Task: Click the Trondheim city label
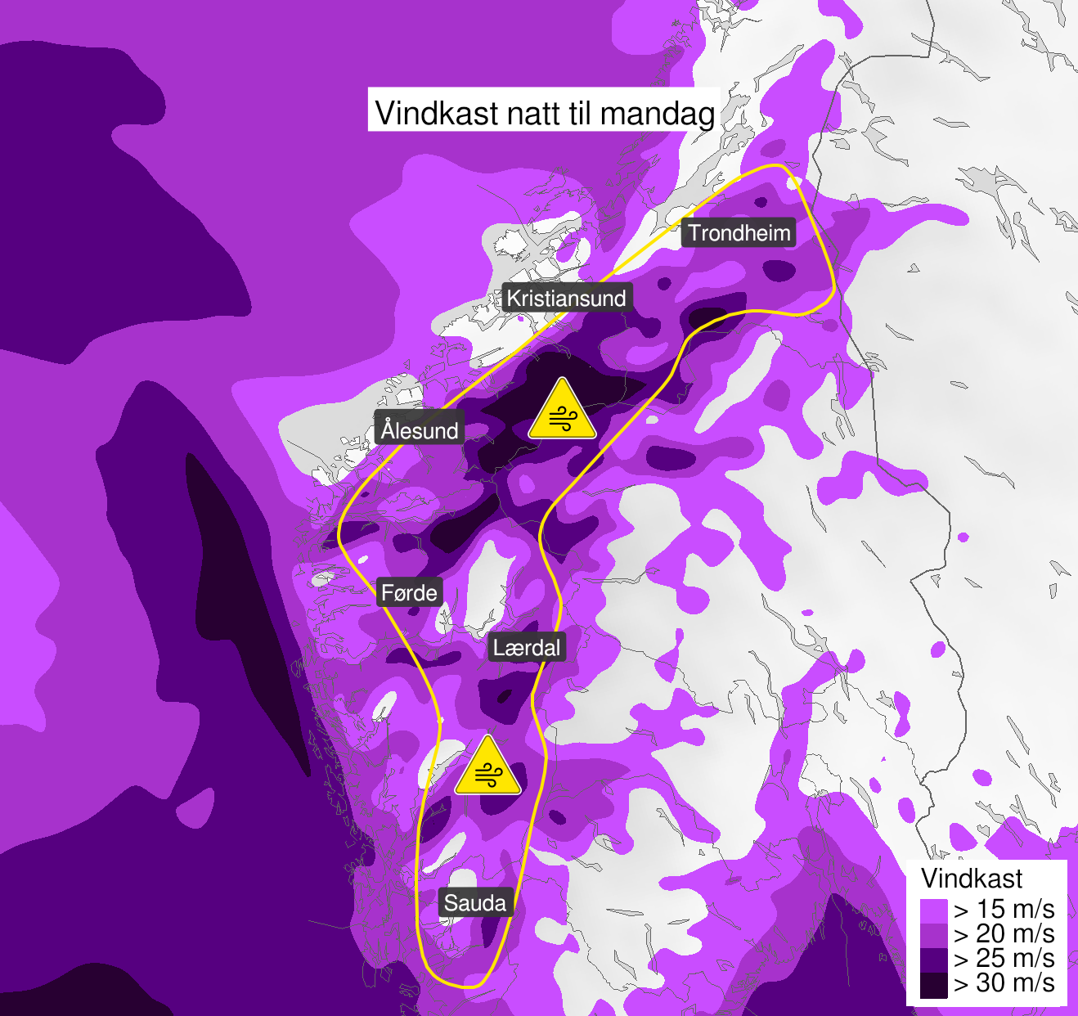[739, 233]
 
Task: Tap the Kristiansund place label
[566, 298]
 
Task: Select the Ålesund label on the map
[420, 429]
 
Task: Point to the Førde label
[409, 592]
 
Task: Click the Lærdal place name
[527, 648]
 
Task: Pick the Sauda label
[475, 903]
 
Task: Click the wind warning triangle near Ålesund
[562, 411]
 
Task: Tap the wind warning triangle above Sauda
[487, 768]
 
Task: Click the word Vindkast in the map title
[437, 113]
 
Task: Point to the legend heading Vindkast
[972, 879]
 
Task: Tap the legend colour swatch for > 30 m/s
[933, 985]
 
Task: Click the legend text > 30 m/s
[1004, 982]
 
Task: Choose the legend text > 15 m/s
[1004, 909]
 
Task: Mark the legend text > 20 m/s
[1004, 933]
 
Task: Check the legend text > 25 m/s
[1004, 958]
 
